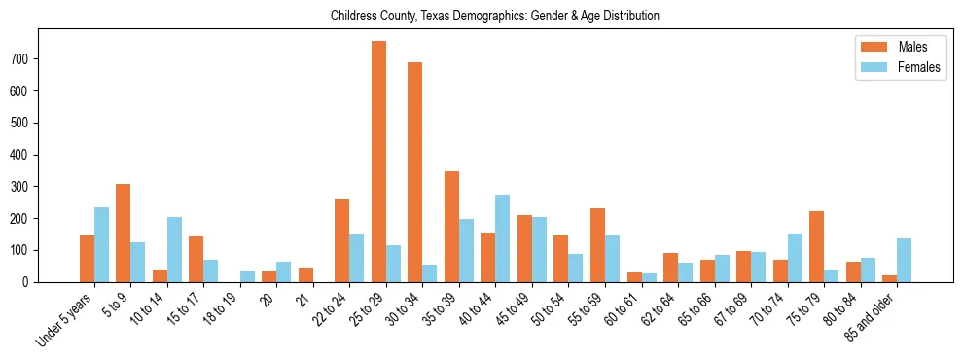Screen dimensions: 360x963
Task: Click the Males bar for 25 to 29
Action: (378, 162)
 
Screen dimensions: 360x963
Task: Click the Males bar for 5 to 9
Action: (124, 233)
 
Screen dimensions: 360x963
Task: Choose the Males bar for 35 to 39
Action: (451, 227)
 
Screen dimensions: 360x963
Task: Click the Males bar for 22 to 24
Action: (342, 240)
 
